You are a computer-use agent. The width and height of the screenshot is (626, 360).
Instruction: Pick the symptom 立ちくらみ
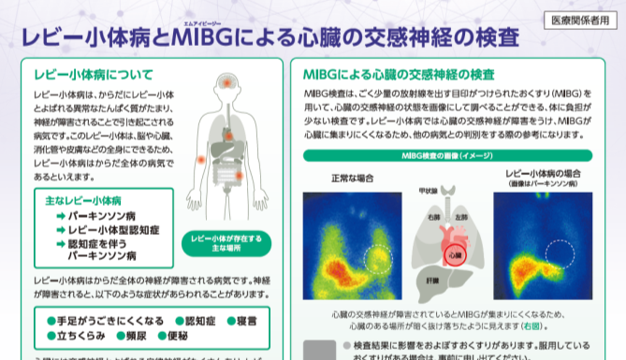coord(76,337)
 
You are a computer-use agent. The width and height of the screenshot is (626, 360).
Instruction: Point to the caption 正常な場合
coord(354,178)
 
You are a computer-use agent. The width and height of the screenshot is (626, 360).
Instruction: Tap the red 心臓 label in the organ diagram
coord(454,252)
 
